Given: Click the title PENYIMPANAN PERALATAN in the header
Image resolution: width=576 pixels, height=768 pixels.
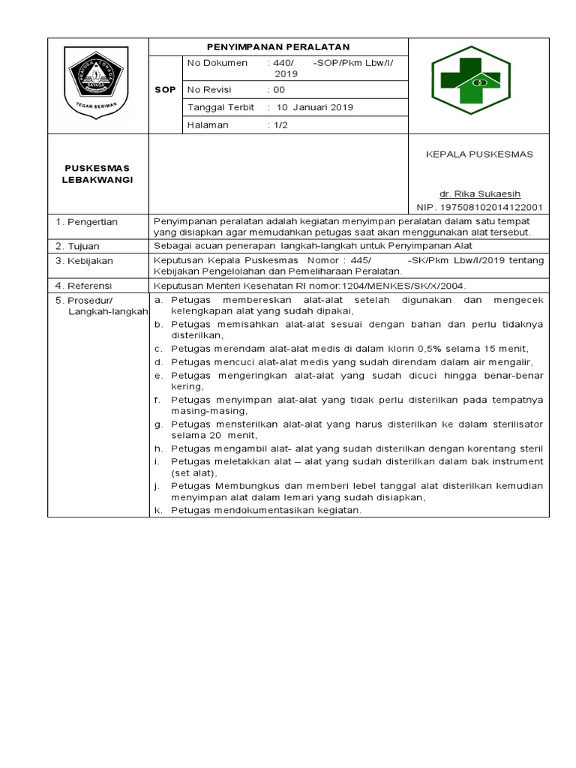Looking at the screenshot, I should tap(279, 46).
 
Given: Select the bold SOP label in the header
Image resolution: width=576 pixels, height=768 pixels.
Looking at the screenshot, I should tap(165, 89).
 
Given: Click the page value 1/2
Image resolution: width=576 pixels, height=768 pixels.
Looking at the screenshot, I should tap(280, 125).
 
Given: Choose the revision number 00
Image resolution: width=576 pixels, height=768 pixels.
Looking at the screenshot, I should tap(280, 89).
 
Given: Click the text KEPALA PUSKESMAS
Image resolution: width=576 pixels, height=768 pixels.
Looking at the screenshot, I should tap(479, 154).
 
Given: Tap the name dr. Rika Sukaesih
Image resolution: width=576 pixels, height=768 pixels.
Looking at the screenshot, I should tap(480, 193).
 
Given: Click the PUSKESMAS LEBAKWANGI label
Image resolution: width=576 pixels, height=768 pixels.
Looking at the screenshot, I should tap(97, 174).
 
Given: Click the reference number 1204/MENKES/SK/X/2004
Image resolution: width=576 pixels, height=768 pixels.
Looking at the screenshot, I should tap(406, 286).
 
